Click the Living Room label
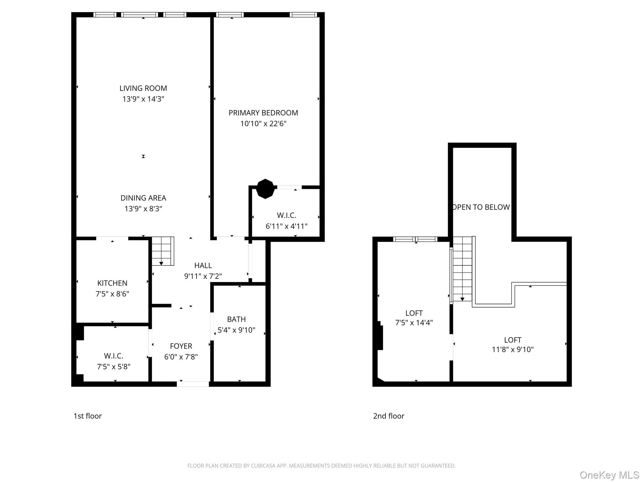coord(143,88)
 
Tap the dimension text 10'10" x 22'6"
coord(263,124)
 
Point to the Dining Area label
coord(143,198)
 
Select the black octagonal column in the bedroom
coord(265,189)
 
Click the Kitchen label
coord(112,283)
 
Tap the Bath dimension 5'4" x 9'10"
coord(236,330)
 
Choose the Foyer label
coord(181,346)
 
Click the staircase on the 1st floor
coord(163,251)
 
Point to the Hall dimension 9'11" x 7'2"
coord(203,276)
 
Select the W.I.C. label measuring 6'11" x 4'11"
coord(286,216)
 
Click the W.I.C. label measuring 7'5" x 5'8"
coord(113,356)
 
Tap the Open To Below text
coord(481,207)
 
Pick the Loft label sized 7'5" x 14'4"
coord(414,313)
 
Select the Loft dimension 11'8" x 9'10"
coord(512,350)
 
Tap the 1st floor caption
coord(88,416)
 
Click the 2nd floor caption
coord(388,416)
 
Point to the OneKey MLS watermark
coord(609,475)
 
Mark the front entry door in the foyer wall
coord(193,384)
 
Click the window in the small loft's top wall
coord(415,239)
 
